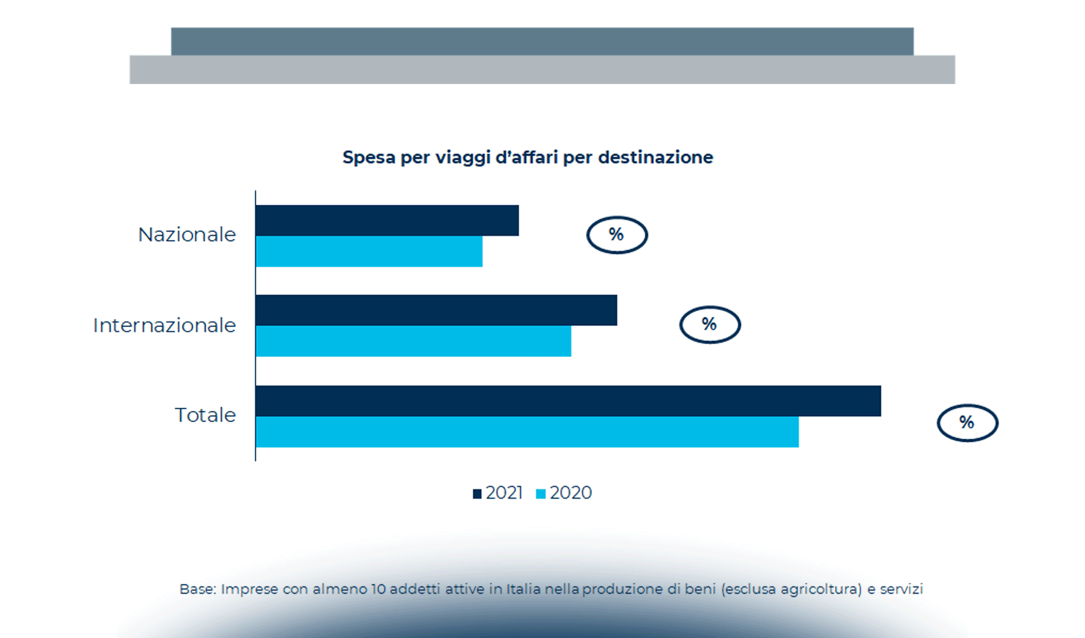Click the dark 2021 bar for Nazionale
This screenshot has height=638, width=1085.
[x=387, y=220]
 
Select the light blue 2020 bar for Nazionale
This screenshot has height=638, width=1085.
[x=369, y=251]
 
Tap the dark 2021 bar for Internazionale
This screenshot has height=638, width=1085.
[x=436, y=310]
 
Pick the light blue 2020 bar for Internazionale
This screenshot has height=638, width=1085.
[x=413, y=341]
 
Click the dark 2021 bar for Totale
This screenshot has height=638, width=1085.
[x=568, y=401]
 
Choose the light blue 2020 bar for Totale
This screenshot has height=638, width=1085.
[x=527, y=432]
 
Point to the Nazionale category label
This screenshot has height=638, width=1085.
[x=187, y=235]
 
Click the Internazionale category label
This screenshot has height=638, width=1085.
[x=164, y=325]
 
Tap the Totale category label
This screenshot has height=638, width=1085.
[x=205, y=415]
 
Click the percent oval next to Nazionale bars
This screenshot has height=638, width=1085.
[x=617, y=235]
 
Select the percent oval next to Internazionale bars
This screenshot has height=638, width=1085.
[x=710, y=324]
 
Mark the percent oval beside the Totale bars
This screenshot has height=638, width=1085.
[x=967, y=423]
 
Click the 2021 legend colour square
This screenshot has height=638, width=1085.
[x=477, y=494]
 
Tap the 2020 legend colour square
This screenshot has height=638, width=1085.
[x=541, y=494]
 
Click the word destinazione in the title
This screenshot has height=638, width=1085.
[x=655, y=157]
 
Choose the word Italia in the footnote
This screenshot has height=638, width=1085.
[x=523, y=589]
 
